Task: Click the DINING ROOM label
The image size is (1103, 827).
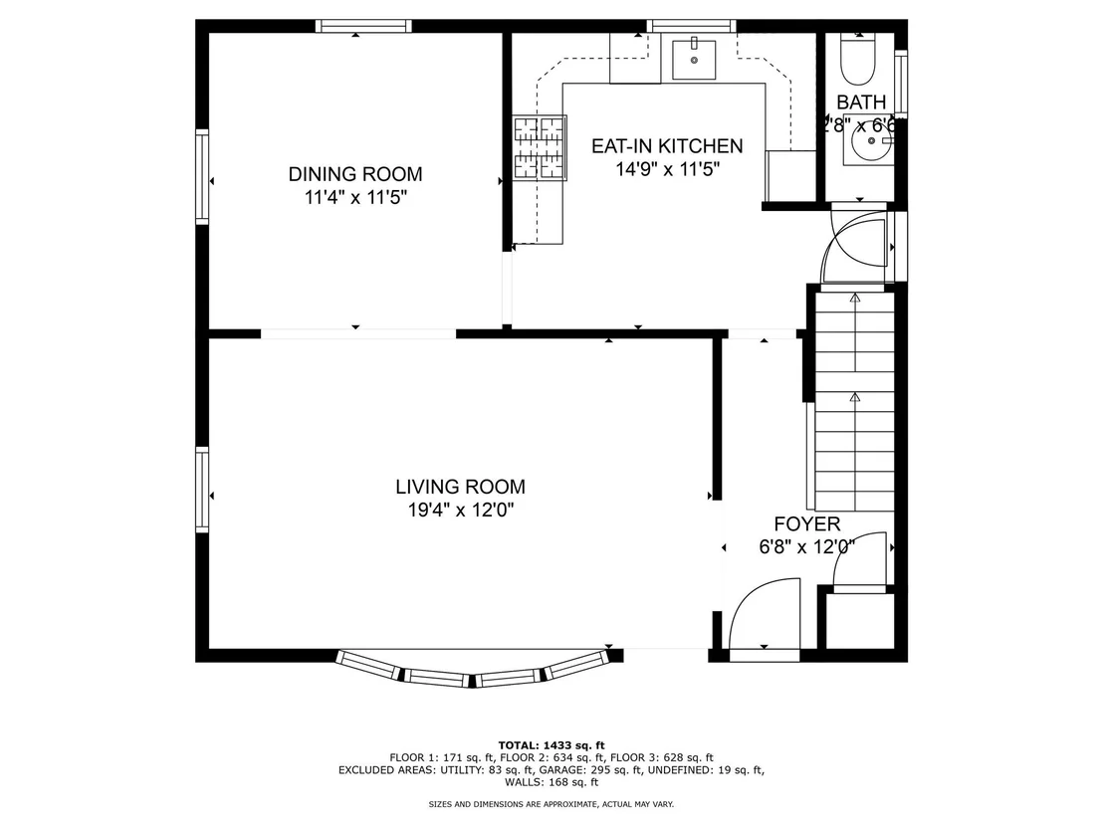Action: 355,174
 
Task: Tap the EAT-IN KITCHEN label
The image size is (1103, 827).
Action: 667,145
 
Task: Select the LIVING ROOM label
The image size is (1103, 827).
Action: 460,487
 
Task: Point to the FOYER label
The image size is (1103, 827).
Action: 807,523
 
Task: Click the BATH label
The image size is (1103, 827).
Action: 861,103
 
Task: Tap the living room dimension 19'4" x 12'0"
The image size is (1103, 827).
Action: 461,510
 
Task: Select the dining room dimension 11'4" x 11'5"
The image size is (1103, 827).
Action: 355,197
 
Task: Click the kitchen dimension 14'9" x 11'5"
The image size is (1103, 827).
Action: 668,169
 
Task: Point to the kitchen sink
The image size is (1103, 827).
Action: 694,60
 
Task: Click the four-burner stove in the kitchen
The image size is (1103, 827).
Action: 540,147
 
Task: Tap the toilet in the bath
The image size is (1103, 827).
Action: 857,59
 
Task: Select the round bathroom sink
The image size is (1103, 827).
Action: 870,141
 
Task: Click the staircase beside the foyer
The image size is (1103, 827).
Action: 855,401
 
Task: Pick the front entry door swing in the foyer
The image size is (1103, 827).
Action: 766,617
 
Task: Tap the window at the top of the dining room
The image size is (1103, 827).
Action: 363,27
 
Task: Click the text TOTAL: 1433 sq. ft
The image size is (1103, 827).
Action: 551,745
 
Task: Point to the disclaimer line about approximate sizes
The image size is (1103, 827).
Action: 551,804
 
